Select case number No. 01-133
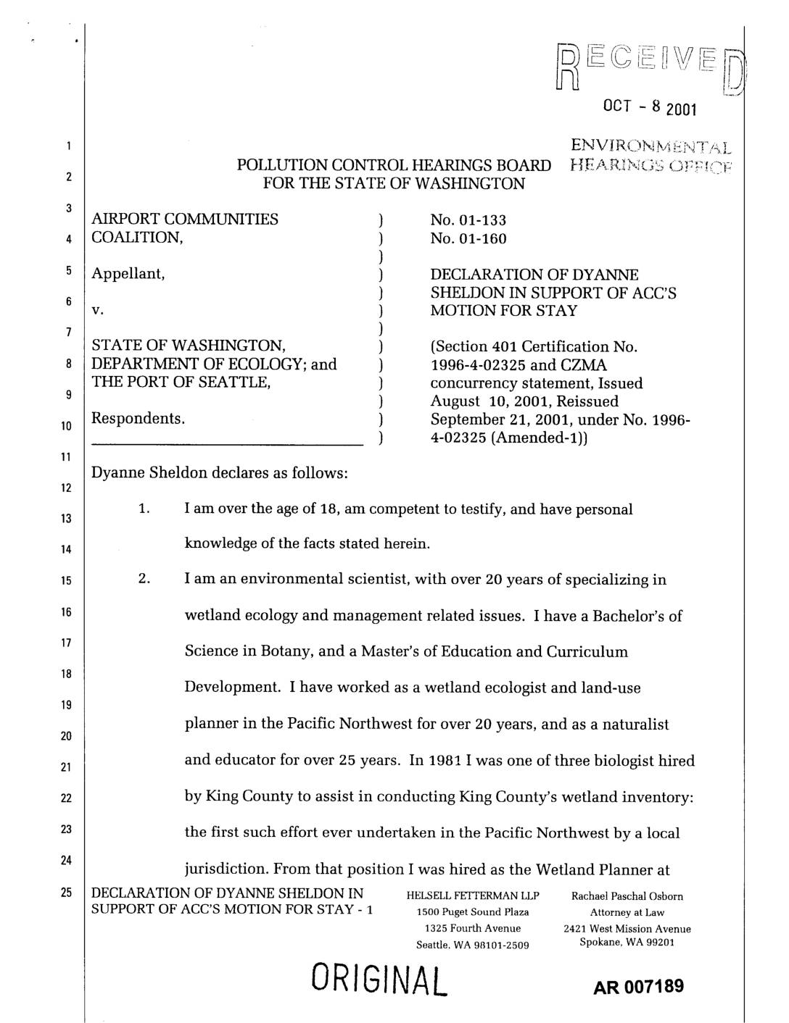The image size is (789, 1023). [468, 220]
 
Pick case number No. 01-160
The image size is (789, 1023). [468, 238]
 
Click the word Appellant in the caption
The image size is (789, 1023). [128, 275]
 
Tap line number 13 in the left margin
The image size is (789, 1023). [66, 519]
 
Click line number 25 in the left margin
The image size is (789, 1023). [66, 893]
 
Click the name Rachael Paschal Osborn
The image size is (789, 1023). [627, 896]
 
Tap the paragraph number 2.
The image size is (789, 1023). [144, 580]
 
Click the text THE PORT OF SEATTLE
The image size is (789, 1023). [181, 383]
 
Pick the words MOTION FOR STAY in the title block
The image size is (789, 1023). [504, 311]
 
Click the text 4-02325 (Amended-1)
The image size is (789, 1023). [507, 438]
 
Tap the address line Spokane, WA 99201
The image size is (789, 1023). [627, 942]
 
